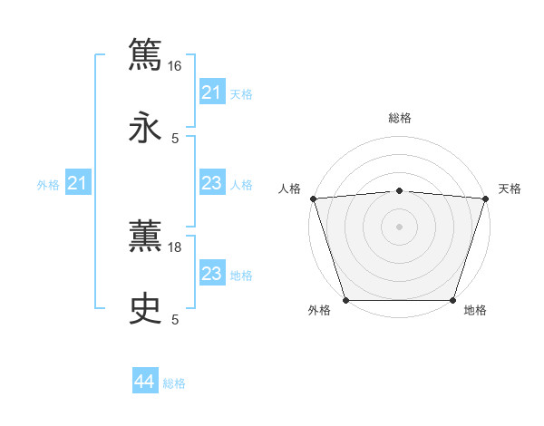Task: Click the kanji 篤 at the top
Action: (x=146, y=53)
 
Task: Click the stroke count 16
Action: (x=175, y=65)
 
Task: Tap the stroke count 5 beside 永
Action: (x=175, y=139)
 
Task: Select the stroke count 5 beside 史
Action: (x=175, y=319)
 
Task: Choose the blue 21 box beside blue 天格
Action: (x=211, y=92)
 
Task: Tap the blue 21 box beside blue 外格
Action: (x=78, y=184)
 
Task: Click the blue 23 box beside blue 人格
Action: (x=211, y=184)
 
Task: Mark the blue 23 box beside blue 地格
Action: (x=211, y=275)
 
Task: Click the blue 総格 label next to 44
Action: (x=174, y=383)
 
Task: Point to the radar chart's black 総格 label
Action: (x=400, y=118)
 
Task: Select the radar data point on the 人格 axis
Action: (x=313, y=198)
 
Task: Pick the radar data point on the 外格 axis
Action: (x=345, y=300)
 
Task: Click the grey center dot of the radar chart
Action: (x=400, y=226)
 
